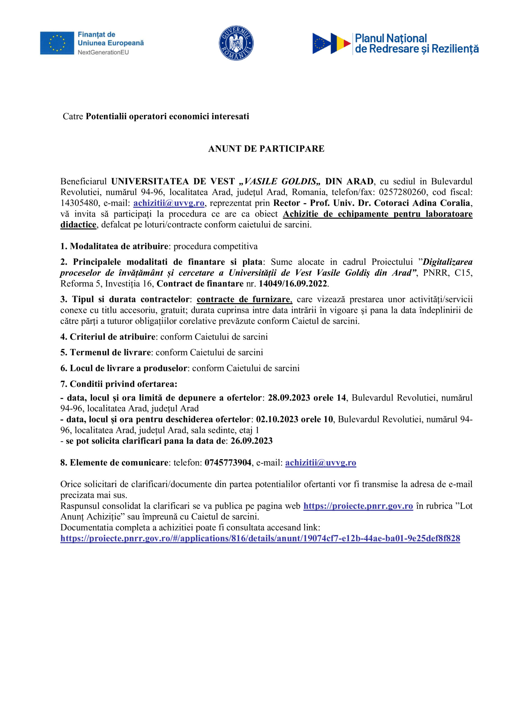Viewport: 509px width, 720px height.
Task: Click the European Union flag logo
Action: point(57,43)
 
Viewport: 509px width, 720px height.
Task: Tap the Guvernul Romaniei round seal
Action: point(236,43)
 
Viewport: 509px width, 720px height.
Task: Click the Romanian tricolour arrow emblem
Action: point(331,43)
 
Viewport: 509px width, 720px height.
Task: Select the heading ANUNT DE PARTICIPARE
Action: point(266,149)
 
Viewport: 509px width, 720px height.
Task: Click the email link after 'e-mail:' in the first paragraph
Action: point(169,203)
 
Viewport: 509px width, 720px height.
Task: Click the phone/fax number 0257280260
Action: point(402,192)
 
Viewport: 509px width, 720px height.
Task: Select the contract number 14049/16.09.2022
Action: point(293,284)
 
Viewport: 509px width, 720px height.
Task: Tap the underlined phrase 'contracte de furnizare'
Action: point(244,300)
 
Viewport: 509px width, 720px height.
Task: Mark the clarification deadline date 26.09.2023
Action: point(251,441)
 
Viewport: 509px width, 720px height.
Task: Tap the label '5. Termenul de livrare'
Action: point(106,352)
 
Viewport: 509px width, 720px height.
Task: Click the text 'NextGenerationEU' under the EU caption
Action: point(103,52)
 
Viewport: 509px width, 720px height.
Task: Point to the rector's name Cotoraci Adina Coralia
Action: point(422,203)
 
